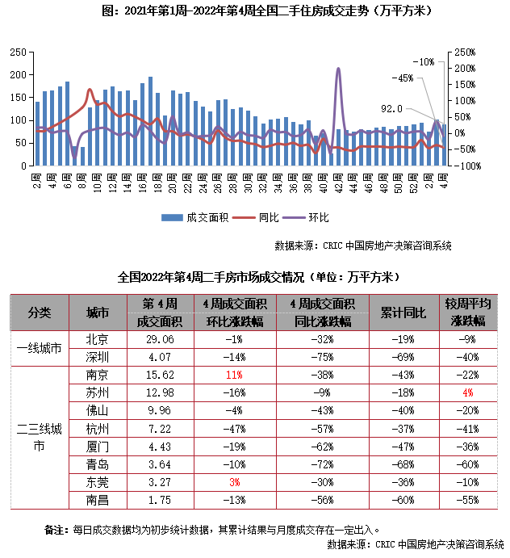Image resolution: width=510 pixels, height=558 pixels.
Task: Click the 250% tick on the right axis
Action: [465, 52]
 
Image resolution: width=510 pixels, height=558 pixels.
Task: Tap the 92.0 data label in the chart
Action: [392, 108]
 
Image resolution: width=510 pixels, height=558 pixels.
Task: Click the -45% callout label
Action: [401, 78]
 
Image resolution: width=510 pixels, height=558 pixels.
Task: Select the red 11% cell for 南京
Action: [234, 375]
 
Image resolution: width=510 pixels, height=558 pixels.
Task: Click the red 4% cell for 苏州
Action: [468, 392]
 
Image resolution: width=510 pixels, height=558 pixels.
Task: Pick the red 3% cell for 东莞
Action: [234, 481]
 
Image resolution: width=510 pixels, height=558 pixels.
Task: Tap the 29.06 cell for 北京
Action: [157, 339]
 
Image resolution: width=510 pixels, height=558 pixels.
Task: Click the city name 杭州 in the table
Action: [97, 428]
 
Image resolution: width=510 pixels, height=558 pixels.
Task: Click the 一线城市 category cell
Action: [39, 348]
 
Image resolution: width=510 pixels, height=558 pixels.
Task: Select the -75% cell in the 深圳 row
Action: [321, 357]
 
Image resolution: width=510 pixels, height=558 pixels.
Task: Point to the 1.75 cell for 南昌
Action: [157, 499]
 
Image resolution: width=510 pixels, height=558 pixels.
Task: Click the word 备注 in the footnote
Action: [55, 530]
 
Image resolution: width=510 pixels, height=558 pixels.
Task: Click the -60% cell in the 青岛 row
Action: [468, 464]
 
